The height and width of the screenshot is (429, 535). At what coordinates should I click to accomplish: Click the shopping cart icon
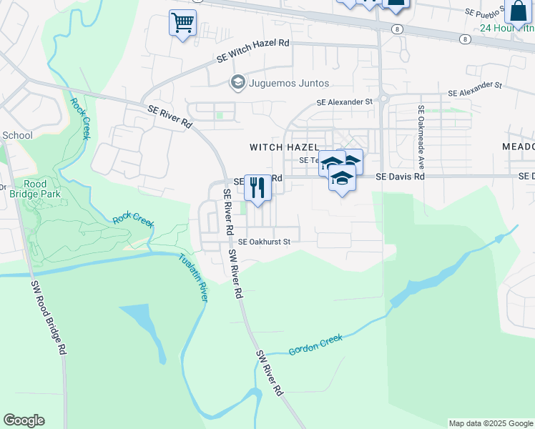point(182,23)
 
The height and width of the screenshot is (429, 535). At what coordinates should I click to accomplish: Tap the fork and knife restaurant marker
point(257,187)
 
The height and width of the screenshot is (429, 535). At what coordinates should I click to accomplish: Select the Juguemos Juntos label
point(288,83)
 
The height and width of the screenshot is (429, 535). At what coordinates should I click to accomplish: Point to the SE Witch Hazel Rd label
point(253,44)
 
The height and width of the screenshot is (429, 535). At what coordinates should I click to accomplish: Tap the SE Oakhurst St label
point(264,242)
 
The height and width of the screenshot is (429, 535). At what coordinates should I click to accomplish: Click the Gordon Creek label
point(315,345)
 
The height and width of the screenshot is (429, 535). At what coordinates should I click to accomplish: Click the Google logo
point(24,420)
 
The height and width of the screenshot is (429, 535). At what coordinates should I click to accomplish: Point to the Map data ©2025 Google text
point(490,423)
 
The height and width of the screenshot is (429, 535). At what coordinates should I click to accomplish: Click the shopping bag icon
point(516,11)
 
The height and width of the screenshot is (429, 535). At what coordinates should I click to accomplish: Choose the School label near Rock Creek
point(17,135)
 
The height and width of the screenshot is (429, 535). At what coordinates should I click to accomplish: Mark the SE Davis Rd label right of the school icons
point(401,176)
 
